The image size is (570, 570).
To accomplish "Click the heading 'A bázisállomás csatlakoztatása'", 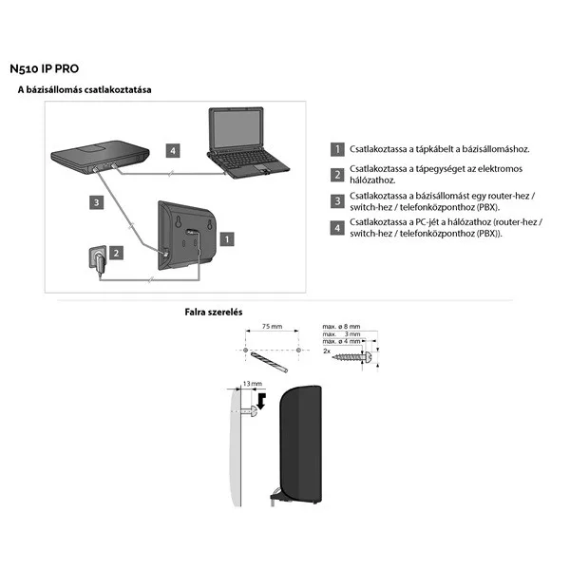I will [x=85, y=90].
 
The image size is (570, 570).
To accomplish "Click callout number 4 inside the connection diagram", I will [x=171, y=150].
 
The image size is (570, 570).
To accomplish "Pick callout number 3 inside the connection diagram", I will [x=96, y=201].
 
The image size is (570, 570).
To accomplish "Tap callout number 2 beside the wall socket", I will [x=114, y=253].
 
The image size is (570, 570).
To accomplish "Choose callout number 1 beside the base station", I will [x=225, y=239].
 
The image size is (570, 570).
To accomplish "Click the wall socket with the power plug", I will [x=96, y=258].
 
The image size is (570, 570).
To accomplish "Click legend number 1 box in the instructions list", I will [x=336, y=149].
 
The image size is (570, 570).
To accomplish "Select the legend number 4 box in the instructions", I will [x=336, y=227].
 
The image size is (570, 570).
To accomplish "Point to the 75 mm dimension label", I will [x=271, y=327].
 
